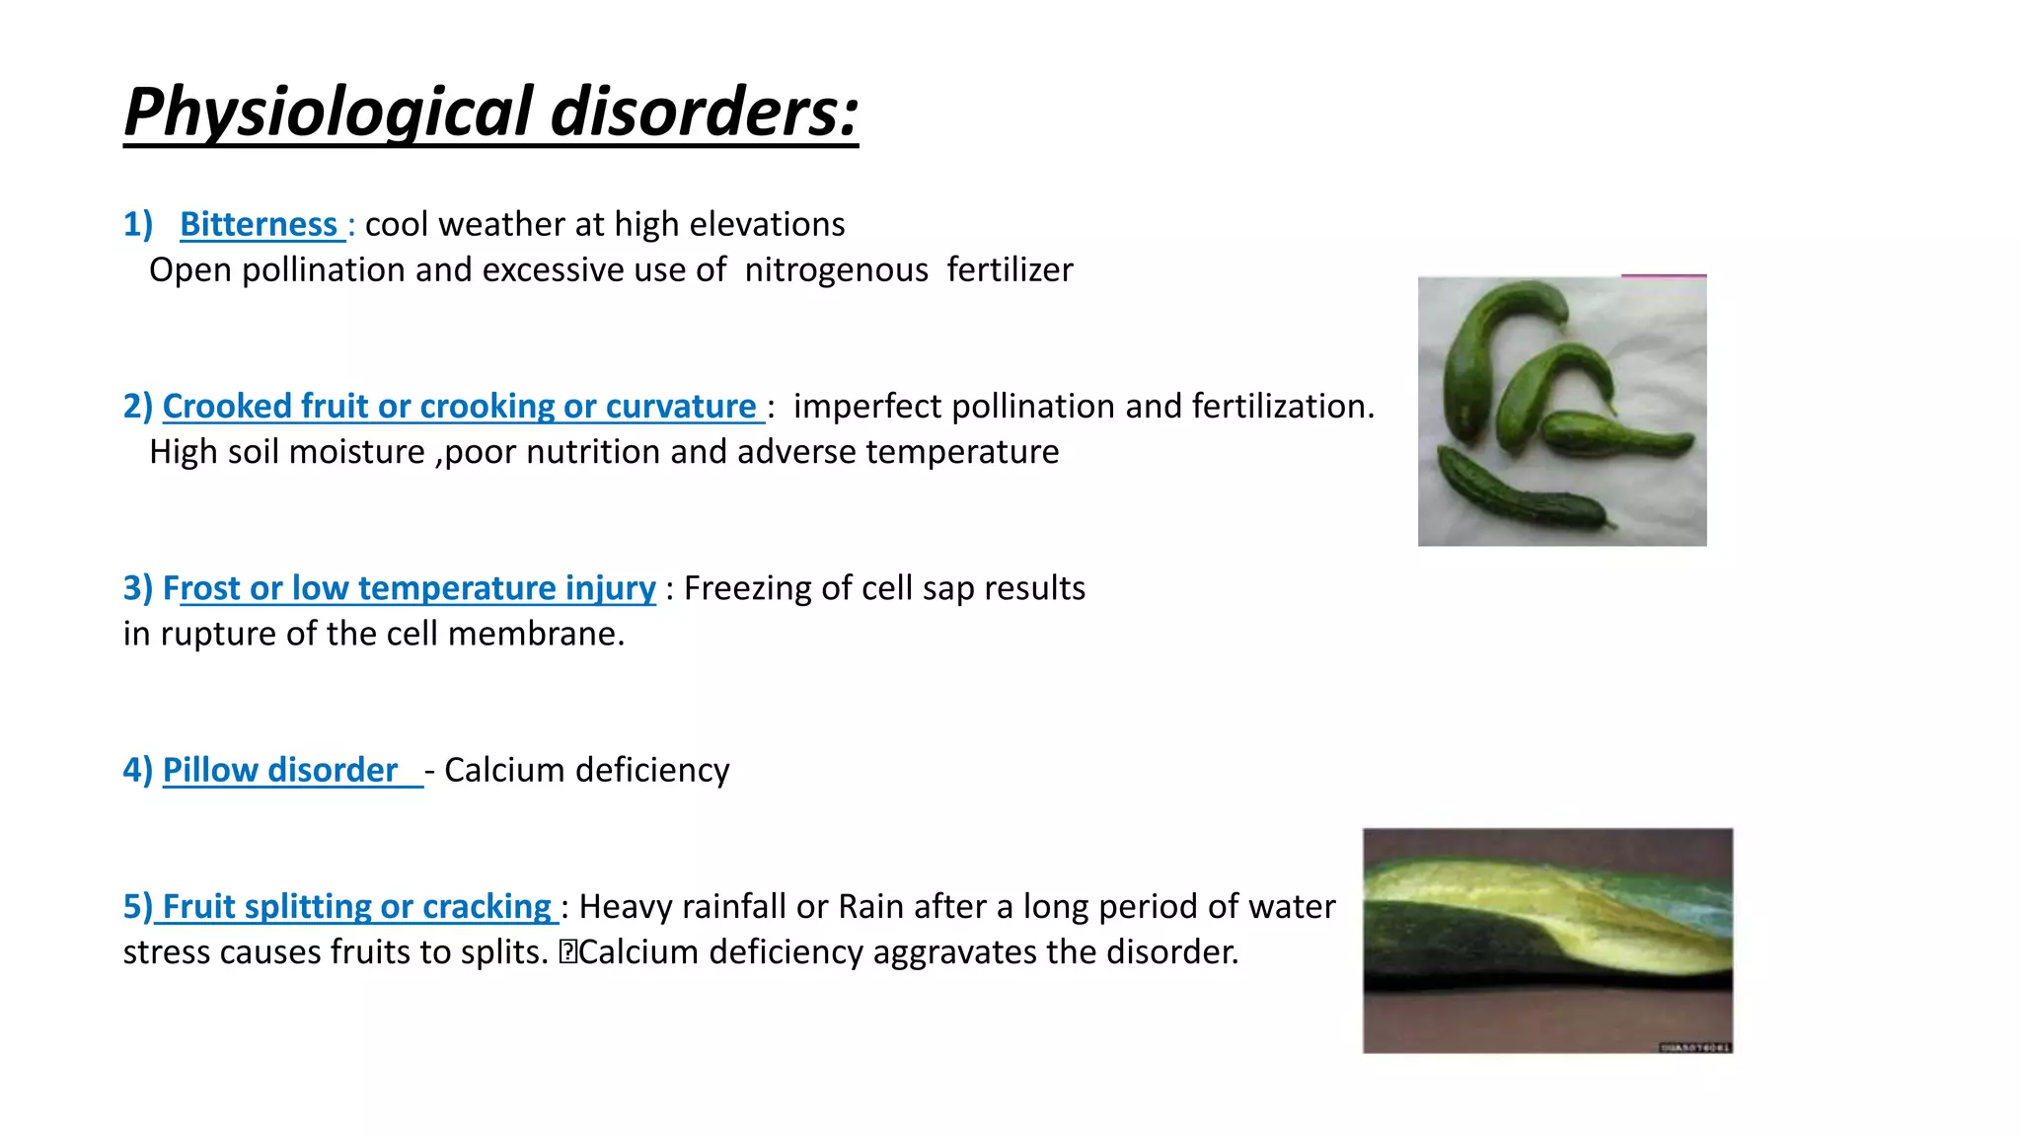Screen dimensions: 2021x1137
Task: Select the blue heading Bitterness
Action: (x=259, y=225)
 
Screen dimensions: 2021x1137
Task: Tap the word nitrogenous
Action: (x=837, y=270)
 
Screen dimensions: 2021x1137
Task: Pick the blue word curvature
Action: (x=681, y=407)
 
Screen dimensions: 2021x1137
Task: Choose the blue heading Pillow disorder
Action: (x=280, y=770)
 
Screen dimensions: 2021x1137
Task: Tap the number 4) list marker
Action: (x=138, y=771)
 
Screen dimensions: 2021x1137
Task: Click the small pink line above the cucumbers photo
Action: (x=1664, y=275)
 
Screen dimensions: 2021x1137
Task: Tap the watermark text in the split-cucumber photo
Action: (x=1694, y=1047)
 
